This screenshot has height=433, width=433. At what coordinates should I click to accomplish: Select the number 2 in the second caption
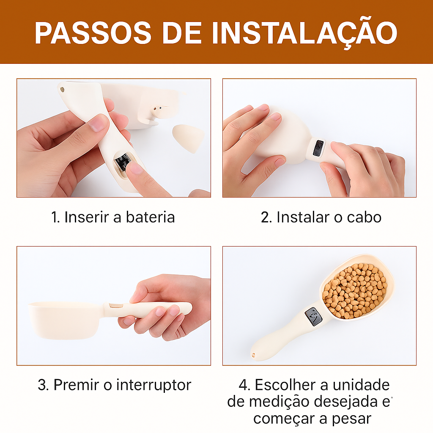coord(266,217)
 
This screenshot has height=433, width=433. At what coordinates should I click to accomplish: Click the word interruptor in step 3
coord(153,385)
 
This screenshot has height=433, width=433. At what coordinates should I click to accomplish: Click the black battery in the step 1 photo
coord(123,162)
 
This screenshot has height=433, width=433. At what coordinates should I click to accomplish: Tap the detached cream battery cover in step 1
coord(188,138)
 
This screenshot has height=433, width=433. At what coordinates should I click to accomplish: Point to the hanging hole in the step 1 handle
coord(63,90)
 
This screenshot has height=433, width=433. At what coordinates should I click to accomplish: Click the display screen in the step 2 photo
coord(318,148)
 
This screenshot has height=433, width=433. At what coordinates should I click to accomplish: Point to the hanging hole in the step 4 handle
coord(254,354)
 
